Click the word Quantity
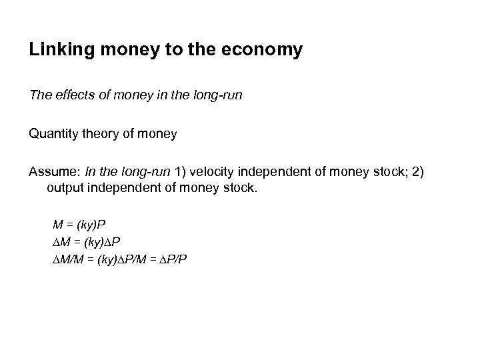[55, 134]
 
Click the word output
[65, 189]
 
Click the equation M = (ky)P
[83, 227]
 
